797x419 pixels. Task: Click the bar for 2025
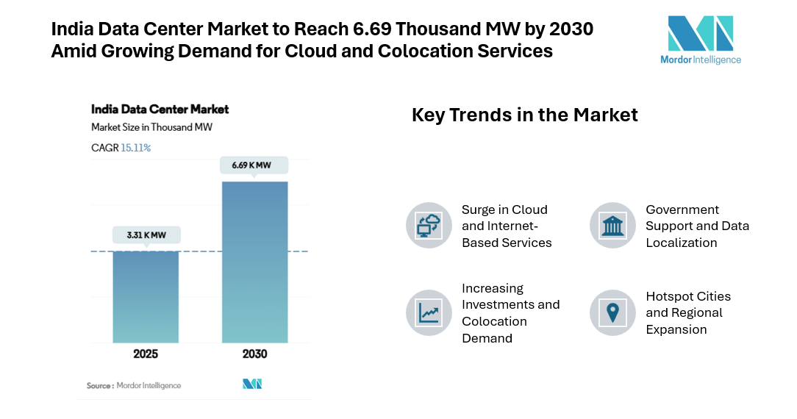(x=146, y=297)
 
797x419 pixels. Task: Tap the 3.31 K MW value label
(x=146, y=235)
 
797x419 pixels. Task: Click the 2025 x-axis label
(x=146, y=354)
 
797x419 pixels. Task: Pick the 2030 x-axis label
(x=254, y=354)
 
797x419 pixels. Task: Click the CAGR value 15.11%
(x=136, y=148)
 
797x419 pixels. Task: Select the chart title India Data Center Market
(x=160, y=110)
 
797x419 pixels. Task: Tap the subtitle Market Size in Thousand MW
(x=151, y=127)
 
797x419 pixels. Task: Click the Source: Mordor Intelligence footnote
(x=133, y=385)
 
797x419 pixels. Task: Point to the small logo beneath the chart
(x=252, y=384)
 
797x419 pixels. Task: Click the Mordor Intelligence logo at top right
(x=700, y=40)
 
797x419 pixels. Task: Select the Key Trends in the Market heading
(x=524, y=115)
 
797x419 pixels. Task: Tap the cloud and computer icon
(x=429, y=226)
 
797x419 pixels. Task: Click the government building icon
(x=612, y=226)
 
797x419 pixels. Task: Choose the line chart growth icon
(x=429, y=313)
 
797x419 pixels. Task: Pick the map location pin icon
(x=612, y=313)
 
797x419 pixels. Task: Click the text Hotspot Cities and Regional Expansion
(x=688, y=313)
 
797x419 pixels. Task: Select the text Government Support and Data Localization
(x=697, y=226)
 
